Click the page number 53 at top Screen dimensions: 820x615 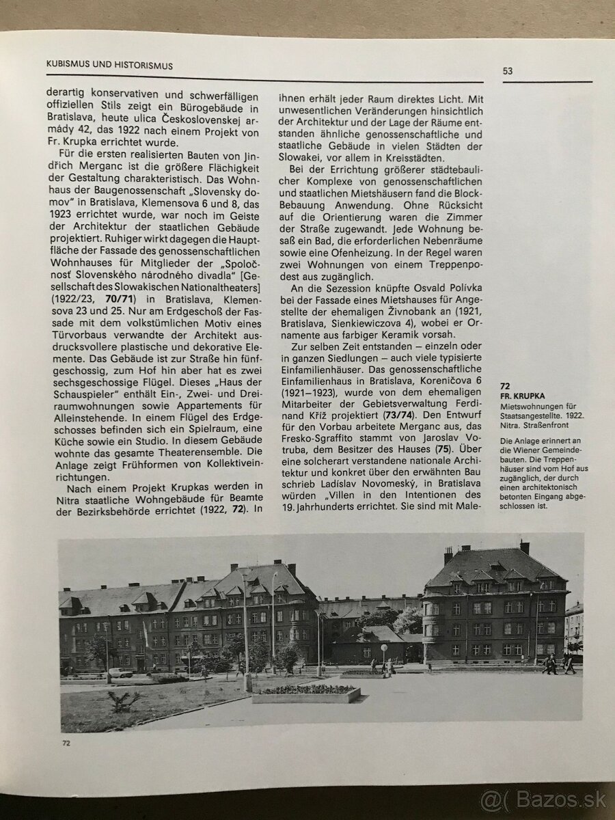pyautogui.click(x=508, y=70)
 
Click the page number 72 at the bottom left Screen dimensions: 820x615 pyautogui.click(x=66, y=743)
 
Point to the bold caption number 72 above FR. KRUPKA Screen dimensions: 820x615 pyautogui.click(x=506, y=386)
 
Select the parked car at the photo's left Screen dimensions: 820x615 pyautogui.click(x=120, y=672)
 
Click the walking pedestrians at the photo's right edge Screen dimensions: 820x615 pyautogui.click(x=558, y=664)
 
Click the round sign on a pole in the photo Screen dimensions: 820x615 pyautogui.click(x=384, y=648)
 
